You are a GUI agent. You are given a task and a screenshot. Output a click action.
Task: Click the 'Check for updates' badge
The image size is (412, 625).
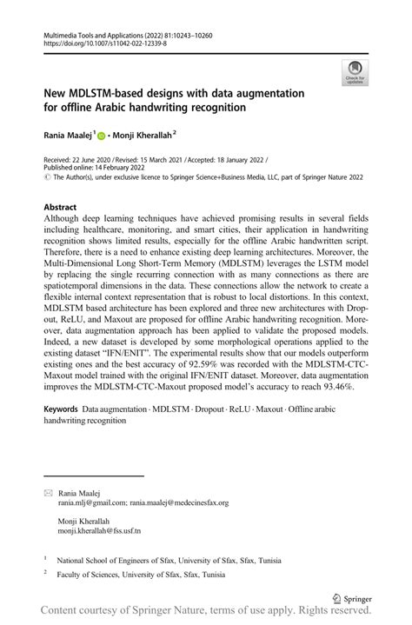(x=354, y=73)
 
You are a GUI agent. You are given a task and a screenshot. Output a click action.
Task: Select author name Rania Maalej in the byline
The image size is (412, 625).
(x=66, y=135)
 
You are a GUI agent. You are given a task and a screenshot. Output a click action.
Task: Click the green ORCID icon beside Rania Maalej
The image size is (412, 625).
(x=101, y=136)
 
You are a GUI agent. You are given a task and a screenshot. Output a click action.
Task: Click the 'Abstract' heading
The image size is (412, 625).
(x=59, y=207)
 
